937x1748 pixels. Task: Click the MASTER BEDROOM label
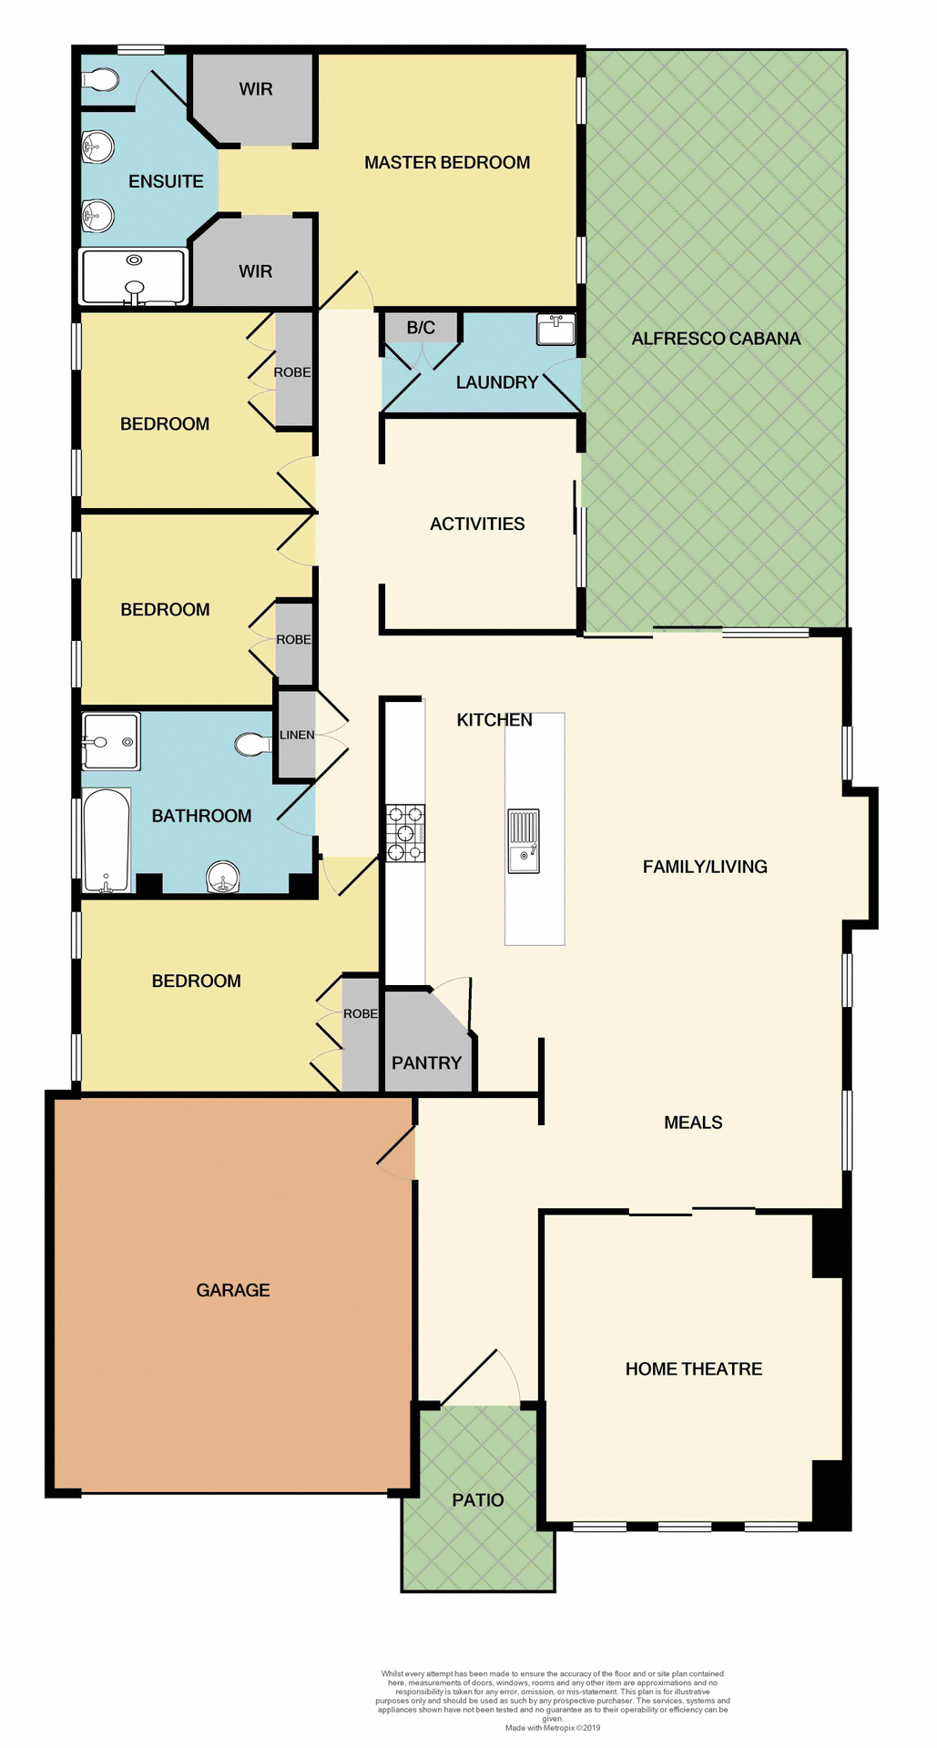pyautogui.click(x=447, y=163)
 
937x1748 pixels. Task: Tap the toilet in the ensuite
pyautogui.click(x=99, y=81)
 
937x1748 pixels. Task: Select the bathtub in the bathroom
pyautogui.click(x=107, y=839)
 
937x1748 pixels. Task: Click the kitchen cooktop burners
pyautogui.click(x=405, y=833)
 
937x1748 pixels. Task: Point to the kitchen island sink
pyautogui.click(x=524, y=841)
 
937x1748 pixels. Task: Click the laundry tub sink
pyautogui.click(x=555, y=329)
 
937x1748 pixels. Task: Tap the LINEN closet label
pyautogui.click(x=297, y=735)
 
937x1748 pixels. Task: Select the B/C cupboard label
pyautogui.click(x=421, y=328)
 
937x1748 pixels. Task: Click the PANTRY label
pyautogui.click(x=426, y=1062)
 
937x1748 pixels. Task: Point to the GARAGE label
pyautogui.click(x=233, y=1290)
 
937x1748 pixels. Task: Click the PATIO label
pyautogui.click(x=478, y=1499)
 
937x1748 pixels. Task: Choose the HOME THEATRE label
pyautogui.click(x=694, y=1369)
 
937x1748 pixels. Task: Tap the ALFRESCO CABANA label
pyautogui.click(x=716, y=339)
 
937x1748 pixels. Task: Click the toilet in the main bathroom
pyautogui.click(x=251, y=745)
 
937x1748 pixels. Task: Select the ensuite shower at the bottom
pyautogui.click(x=134, y=277)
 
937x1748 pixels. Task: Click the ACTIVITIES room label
pyautogui.click(x=477, y=524)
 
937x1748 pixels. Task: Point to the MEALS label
pyautogui.click(x=693, y=1123)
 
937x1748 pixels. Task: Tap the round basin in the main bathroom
pyautogui.click(x=224, y=879)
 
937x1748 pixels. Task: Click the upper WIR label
pyautogui.click(x=256, y=89)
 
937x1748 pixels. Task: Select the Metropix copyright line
pyautogui.click(x=553, y=1727)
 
